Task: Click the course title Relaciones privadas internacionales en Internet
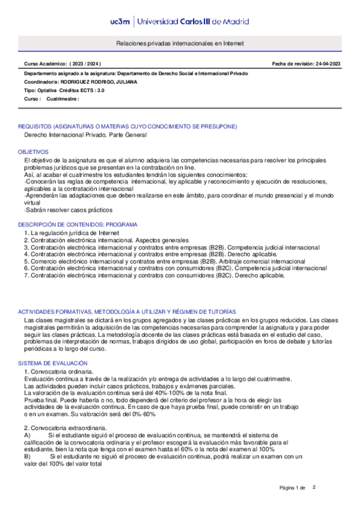tap(180, 44)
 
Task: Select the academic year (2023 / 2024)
tap(85, 63)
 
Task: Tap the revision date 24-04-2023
tap(325, 63)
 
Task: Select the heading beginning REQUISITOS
tap(127, 126)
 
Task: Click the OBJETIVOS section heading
tap(33, 152)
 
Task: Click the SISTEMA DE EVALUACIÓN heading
tap(53, 364)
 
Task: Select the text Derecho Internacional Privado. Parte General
tap(85, 135)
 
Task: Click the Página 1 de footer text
tap(293, 487)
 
